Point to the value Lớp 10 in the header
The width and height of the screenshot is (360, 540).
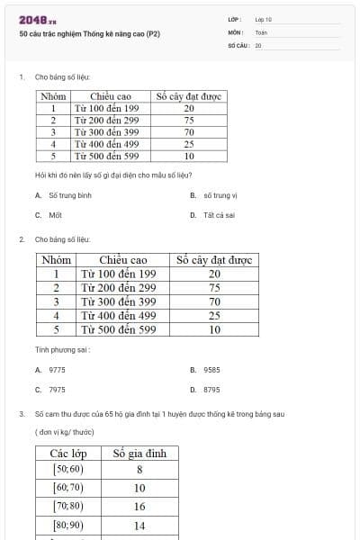[x=263, y=19]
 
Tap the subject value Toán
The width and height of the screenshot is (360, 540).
[x=260, y=31]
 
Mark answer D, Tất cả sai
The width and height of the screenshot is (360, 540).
[x=219, y=215]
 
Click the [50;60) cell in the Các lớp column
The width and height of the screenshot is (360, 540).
[x=68, y=469]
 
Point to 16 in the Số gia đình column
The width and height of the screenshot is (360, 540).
[x=139, y=507]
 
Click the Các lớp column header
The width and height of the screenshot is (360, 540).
[x=68, y=453]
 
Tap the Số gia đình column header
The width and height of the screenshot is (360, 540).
[x=139, y=453]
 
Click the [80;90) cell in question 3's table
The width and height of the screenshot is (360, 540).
[x=68, y=525]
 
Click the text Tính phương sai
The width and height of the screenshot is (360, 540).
[x=62, y=348]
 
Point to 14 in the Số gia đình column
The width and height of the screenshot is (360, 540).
[x=139, y=525]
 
